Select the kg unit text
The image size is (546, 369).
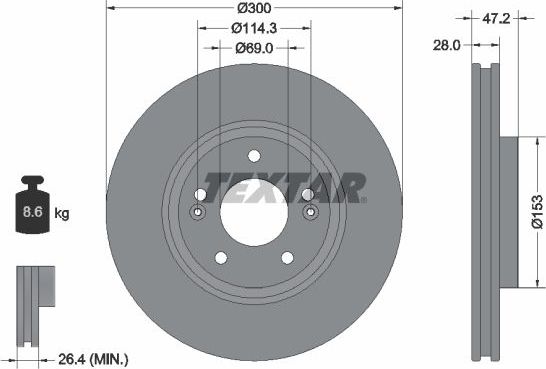pos(61,214)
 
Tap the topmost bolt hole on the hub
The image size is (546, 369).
pos(252,155)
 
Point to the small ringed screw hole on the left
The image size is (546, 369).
pos(197,212)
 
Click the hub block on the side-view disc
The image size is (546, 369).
pos(509,211)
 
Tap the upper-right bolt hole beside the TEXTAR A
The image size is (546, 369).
pos(307,194)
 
